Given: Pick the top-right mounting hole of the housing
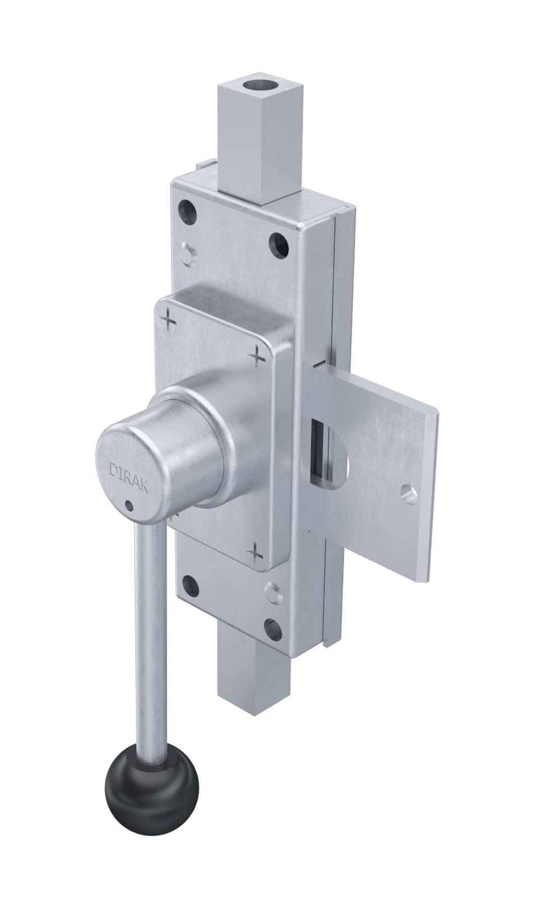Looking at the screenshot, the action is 280,245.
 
